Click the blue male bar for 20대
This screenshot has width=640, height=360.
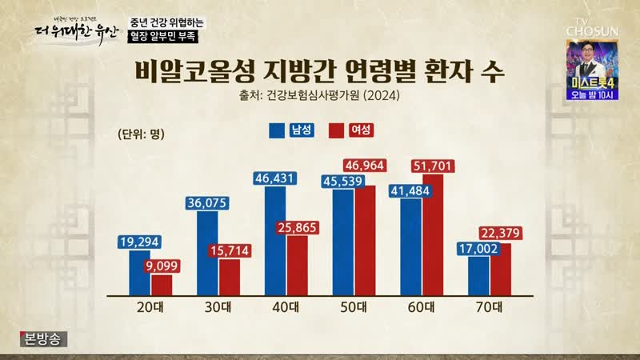pyautogui.click(x=140, y=272)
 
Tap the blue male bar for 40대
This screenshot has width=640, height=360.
pyautogui.click(x=274, y=243)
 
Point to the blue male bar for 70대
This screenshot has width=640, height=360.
pyautogui.click(x=479, y=274)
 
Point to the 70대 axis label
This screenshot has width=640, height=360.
pyautogui.click(x=489, y=306)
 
